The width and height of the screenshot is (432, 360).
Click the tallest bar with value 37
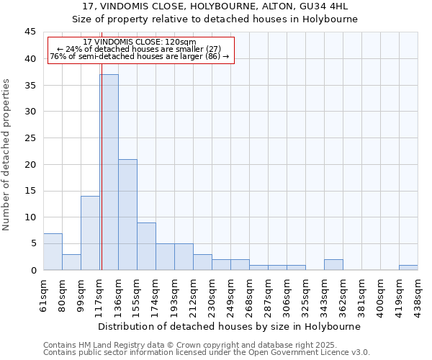[x=109, y=172]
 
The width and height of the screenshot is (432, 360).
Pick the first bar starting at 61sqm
[x=53, y=251]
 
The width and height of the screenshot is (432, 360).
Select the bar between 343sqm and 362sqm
[x=333, y=265]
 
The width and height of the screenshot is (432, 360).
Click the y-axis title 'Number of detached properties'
[x=7, y=154]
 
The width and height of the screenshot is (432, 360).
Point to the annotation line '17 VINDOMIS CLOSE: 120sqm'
[x=140, y=42]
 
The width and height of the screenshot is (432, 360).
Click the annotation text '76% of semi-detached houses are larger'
[x=140, y=56]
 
